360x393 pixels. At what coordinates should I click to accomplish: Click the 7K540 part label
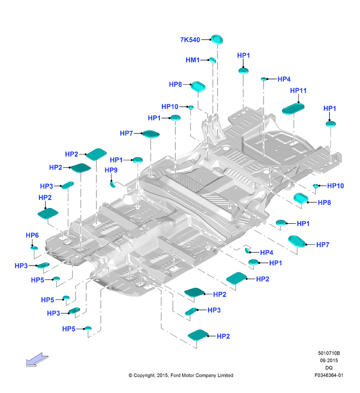[x=190, y=40]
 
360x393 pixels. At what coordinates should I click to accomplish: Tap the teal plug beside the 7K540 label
[x=217, y=40]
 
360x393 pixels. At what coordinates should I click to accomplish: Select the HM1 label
[x=192, y=60]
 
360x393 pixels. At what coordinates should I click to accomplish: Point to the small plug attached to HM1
[x=212, y=60]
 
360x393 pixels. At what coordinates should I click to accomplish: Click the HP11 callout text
[x=298, y=91]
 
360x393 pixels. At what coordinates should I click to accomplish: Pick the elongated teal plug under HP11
[x=293, y=109]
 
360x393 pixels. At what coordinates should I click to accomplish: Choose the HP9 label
[x=111, y=170]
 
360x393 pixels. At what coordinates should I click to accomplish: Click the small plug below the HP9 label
[x=113, y=185]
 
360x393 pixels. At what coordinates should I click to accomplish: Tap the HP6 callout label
[x=32, y=235]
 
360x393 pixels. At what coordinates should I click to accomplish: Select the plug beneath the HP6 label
[x=34, y=248]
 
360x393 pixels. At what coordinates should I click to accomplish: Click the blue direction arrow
[x=37, y=360]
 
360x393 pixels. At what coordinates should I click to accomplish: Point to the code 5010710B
[x=329, y=353]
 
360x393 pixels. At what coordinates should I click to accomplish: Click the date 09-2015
[x=329, y=361]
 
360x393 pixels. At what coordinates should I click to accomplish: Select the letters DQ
[x=329, y=368]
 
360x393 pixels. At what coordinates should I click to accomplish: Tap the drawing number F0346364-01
[x=329, y=375]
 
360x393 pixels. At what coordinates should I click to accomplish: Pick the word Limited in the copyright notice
[x=225, y=375]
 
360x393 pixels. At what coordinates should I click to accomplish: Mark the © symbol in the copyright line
[x=130, y=376]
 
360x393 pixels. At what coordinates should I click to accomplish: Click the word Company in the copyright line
[x=206, y=376]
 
